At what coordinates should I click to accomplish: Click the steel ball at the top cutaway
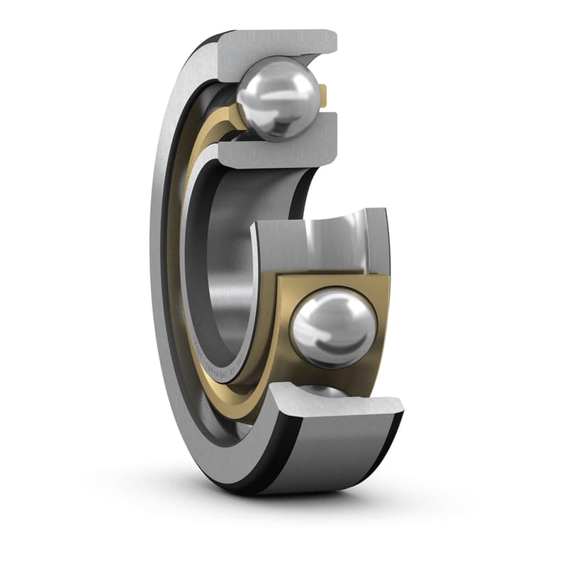tap(278, 98)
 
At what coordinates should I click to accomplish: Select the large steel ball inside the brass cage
tap(333, 329)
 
